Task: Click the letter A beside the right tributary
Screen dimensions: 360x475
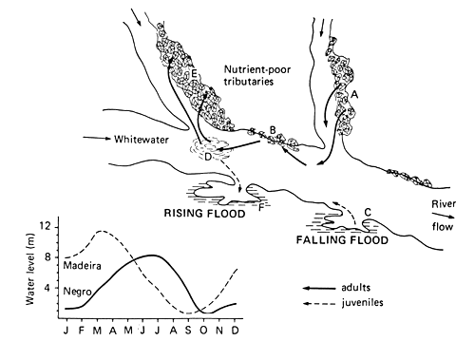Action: pyautogui.click(x=355, y=95)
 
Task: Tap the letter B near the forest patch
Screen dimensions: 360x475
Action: pyautogui.click(x=273, y=129)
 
